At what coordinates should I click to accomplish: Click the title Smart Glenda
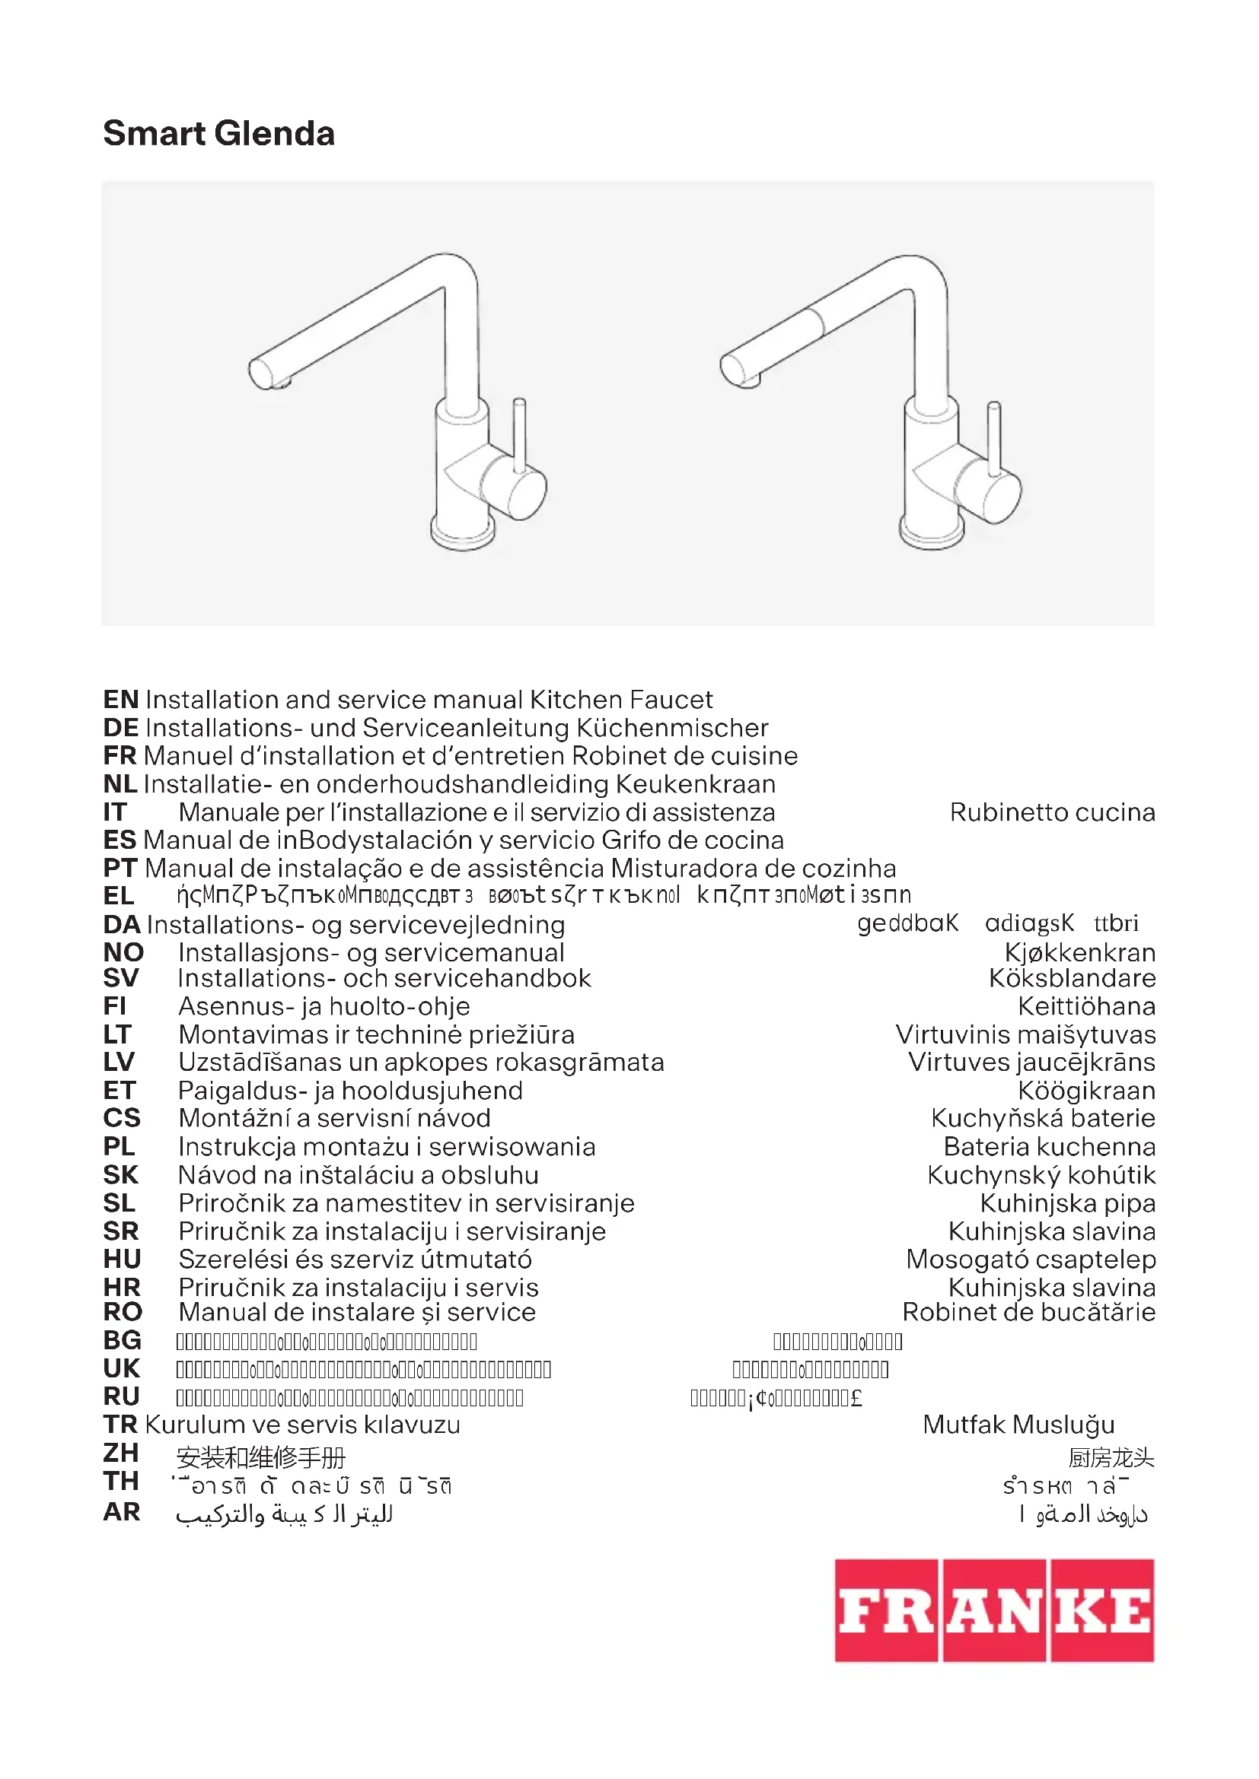tap(218, 133)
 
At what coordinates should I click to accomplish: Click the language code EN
tap(121, 700)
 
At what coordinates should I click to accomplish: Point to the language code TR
tap(121, 1425)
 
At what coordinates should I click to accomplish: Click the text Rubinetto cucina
tap(1052, 812)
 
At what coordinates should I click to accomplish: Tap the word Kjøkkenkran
tap(1079, 952)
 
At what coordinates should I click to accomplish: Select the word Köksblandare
tap(1072, 979)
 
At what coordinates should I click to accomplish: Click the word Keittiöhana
tap(1086, 1006)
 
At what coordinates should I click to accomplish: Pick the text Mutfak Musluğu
tap(1018, 1425)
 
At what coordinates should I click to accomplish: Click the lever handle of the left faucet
tap(520, 434)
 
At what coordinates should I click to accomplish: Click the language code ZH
tap(121, 1453)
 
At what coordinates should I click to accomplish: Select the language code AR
tap(122, 1512)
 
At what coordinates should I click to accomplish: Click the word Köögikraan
tap(1086, 1091)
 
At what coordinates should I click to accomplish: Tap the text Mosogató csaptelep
tap(1031, 1260)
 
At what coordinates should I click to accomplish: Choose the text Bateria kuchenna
tap(1049, 1147)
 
